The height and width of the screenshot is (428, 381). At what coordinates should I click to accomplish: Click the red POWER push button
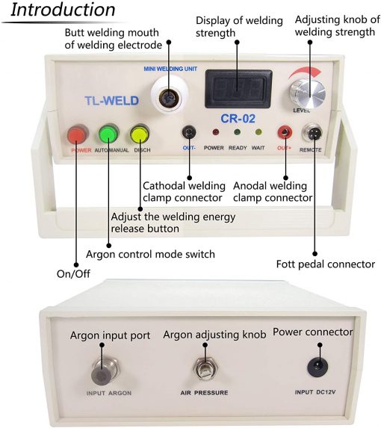click(x=78, y=134)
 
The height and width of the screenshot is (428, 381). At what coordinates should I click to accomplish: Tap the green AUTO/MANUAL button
click(x=109, y=134)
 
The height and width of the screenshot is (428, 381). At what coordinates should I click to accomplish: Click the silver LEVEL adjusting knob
click(x=308, y=94)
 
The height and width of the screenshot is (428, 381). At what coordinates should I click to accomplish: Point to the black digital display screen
click(x=238, y=89)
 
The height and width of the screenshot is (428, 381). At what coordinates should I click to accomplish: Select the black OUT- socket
click(x=189, y=132)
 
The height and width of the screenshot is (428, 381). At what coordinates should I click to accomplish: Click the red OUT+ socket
click(x=285, y=132)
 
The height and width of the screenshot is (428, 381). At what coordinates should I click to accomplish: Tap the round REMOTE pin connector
click(x=312, y=132)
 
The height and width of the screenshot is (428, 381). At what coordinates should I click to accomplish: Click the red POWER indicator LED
click(x=216, y=132)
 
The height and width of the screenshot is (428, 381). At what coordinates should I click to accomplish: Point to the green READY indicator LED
click(x=237, y=132)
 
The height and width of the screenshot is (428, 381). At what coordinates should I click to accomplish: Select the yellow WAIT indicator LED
click(x=258, y=132)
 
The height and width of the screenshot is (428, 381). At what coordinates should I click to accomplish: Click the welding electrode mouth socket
click(x=170, y=97)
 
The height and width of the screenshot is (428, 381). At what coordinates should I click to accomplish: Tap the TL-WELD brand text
click(x=111, y=101)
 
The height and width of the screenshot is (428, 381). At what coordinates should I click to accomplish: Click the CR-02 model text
click(x=238, y=119)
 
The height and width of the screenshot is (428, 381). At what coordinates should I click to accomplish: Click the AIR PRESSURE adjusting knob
click(x=205, y=368)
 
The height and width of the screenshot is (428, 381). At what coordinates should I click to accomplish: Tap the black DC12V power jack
click(x=317, y=367)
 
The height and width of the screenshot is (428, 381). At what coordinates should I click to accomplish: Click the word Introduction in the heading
click(x=63, y=10)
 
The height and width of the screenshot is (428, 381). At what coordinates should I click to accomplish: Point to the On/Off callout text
click(x=73, y=274)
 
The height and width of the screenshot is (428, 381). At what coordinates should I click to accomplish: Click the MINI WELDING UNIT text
click(x=170, y=69)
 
